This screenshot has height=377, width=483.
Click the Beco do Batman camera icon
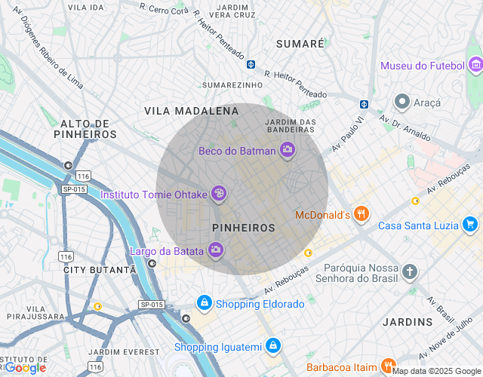click(287, 151)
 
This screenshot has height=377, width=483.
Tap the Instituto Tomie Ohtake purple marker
click(219, 195)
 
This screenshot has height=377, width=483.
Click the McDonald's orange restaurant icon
click(362, 215)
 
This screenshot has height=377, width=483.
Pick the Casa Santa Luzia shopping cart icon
click(470, 225)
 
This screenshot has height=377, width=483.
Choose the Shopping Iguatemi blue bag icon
click(273, 347)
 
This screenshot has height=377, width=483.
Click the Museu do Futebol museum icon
click(475, 66)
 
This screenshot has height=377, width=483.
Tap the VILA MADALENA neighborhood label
click(191, 111)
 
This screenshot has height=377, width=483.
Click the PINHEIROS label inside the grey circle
click(244, 227)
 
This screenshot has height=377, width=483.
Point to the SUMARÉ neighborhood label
click(300, 44)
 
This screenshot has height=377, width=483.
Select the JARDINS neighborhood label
click(408, 322)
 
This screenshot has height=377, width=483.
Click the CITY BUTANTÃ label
click(100, 269)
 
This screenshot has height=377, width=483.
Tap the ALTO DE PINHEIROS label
click(85, 129)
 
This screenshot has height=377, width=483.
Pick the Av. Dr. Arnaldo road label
click(405, 129)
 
